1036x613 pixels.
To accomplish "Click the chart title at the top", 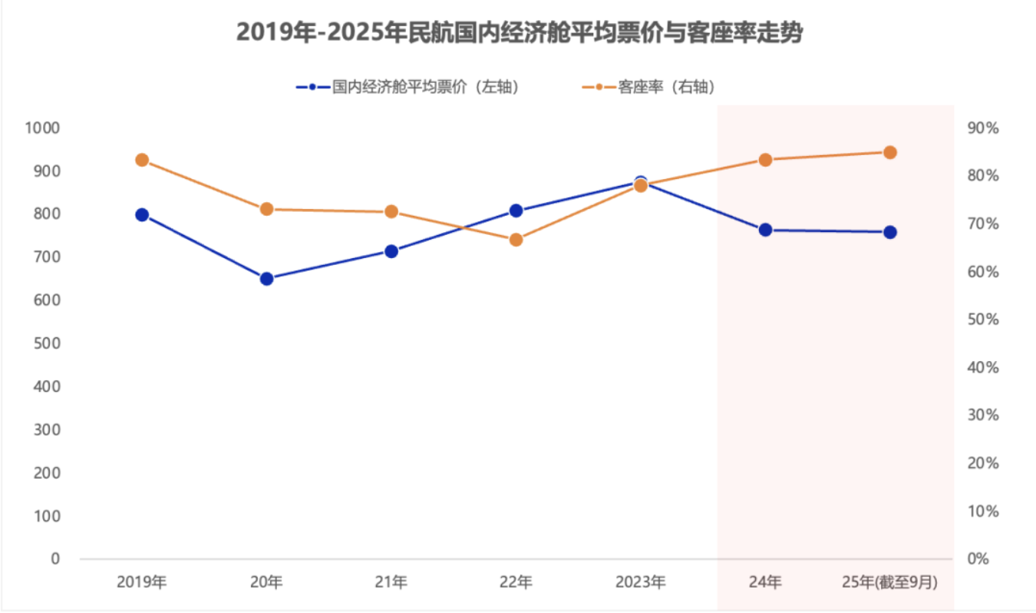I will (x=519, y=33).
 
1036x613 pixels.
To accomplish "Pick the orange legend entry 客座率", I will (x=649, y=88).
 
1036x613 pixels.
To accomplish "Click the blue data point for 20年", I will (x=266, y=278).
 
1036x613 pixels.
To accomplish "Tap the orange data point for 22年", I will (x=516, y=240).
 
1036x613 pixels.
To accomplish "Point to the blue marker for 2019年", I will (x=142, y=215).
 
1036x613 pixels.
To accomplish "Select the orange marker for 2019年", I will (x=142, y=160).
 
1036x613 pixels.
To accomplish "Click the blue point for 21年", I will (x=391, y=251).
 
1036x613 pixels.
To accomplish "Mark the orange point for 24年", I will (x=765, y=160).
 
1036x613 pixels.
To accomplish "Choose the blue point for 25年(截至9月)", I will (x=890, y=232).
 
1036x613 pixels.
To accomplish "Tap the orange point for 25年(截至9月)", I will (x=890, y=152).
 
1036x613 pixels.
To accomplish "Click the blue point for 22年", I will (x=516, y=210).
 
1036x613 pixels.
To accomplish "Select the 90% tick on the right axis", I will (x=983, y=128).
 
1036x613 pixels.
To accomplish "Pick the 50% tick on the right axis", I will (x=983, y=320).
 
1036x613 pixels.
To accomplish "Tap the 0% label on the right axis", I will (x=978, y=559).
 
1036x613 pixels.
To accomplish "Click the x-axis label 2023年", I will (x=641, y=582).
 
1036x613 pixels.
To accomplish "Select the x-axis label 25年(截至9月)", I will (x=890, y=582).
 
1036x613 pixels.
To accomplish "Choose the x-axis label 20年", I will (x=266, y=582).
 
